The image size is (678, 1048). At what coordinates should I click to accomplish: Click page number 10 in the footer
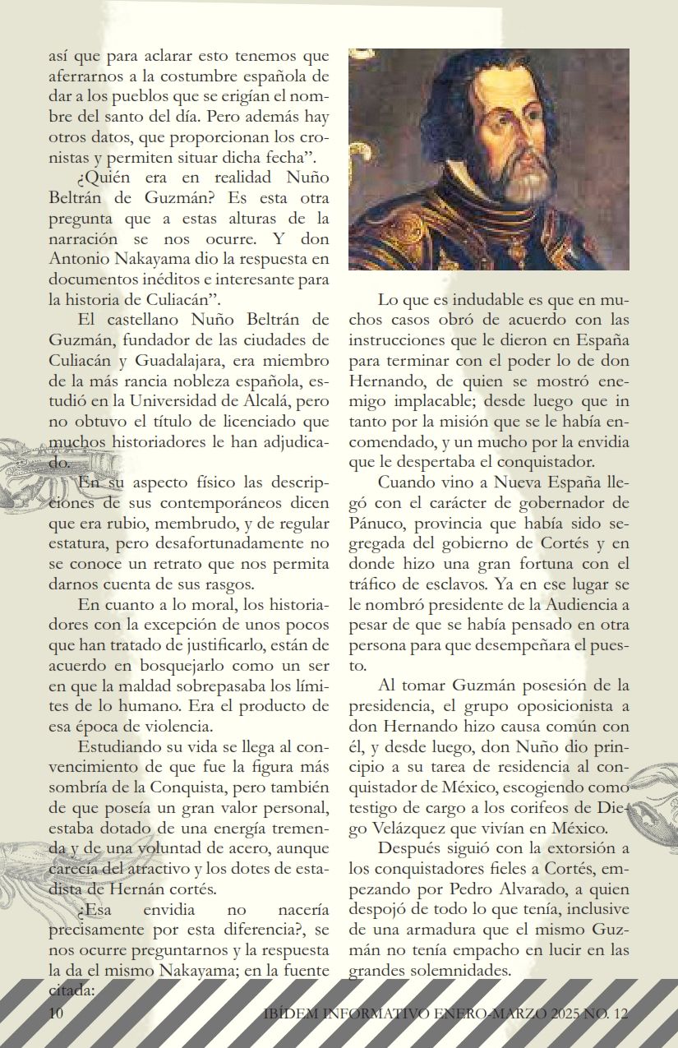point(56,1013)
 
